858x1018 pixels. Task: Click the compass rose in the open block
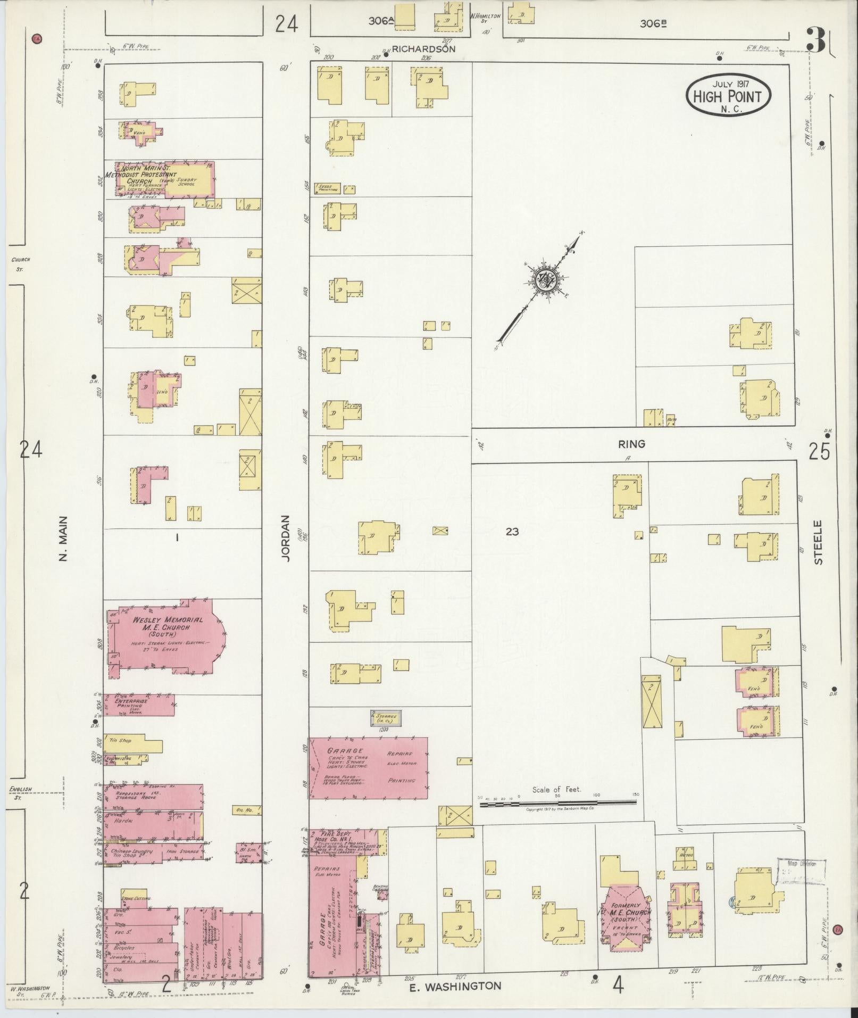545,279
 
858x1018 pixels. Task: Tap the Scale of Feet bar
559,805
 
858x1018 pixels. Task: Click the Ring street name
631,443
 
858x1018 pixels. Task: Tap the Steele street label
818,542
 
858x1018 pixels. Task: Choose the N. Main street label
63,538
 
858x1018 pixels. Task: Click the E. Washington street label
455,986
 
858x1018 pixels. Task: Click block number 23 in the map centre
512,531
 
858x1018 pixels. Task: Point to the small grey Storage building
386,717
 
